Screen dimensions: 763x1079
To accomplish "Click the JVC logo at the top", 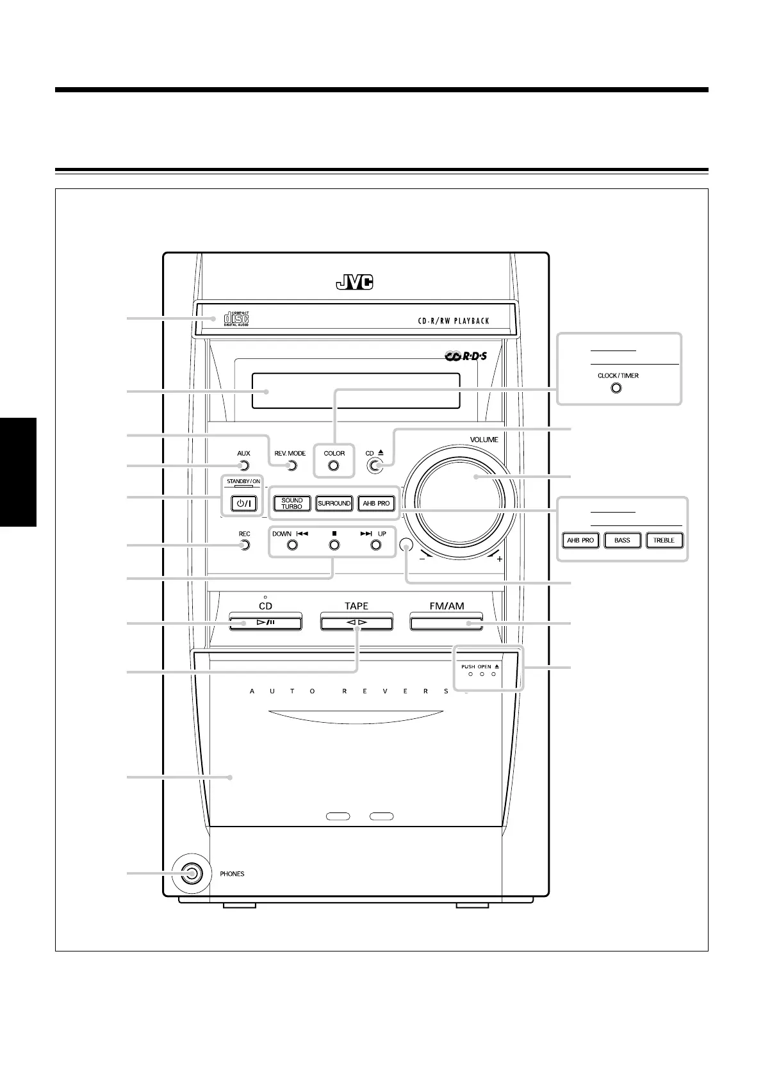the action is pyautogui.click(x=354, y=283).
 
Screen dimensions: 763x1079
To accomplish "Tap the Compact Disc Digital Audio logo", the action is pyautogui.click(x=236, y=318).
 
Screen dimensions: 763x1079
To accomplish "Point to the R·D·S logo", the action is pyautogui.click(x=466, y=355).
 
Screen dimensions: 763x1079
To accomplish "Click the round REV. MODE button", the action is pyautogui.click(x=292, y=466).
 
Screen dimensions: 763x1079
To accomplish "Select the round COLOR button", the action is pyautogui.click(x=334, y=466).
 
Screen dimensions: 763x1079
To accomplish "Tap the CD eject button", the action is pyautogui.click(x=375, y=466).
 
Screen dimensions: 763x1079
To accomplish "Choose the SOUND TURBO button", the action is pyautogui.click(x=292, y=504).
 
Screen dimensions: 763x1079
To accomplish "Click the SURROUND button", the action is pyautogui.click(x=334, y=504).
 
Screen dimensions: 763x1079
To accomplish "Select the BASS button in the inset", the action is pyautogui.click(x=622, y=540).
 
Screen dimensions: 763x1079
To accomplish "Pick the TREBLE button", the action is pyautogui.click(x=664, y=540).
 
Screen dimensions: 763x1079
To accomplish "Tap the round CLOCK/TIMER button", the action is pyautogui.click(x=616, y=388).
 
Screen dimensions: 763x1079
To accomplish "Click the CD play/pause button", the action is pyautogui.click(x=265, y=622).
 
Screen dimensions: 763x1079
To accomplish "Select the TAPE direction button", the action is pyautogui.click(x=356, y=622).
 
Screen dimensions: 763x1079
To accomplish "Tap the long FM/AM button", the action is pyautogui.click(x=447, y=622).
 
